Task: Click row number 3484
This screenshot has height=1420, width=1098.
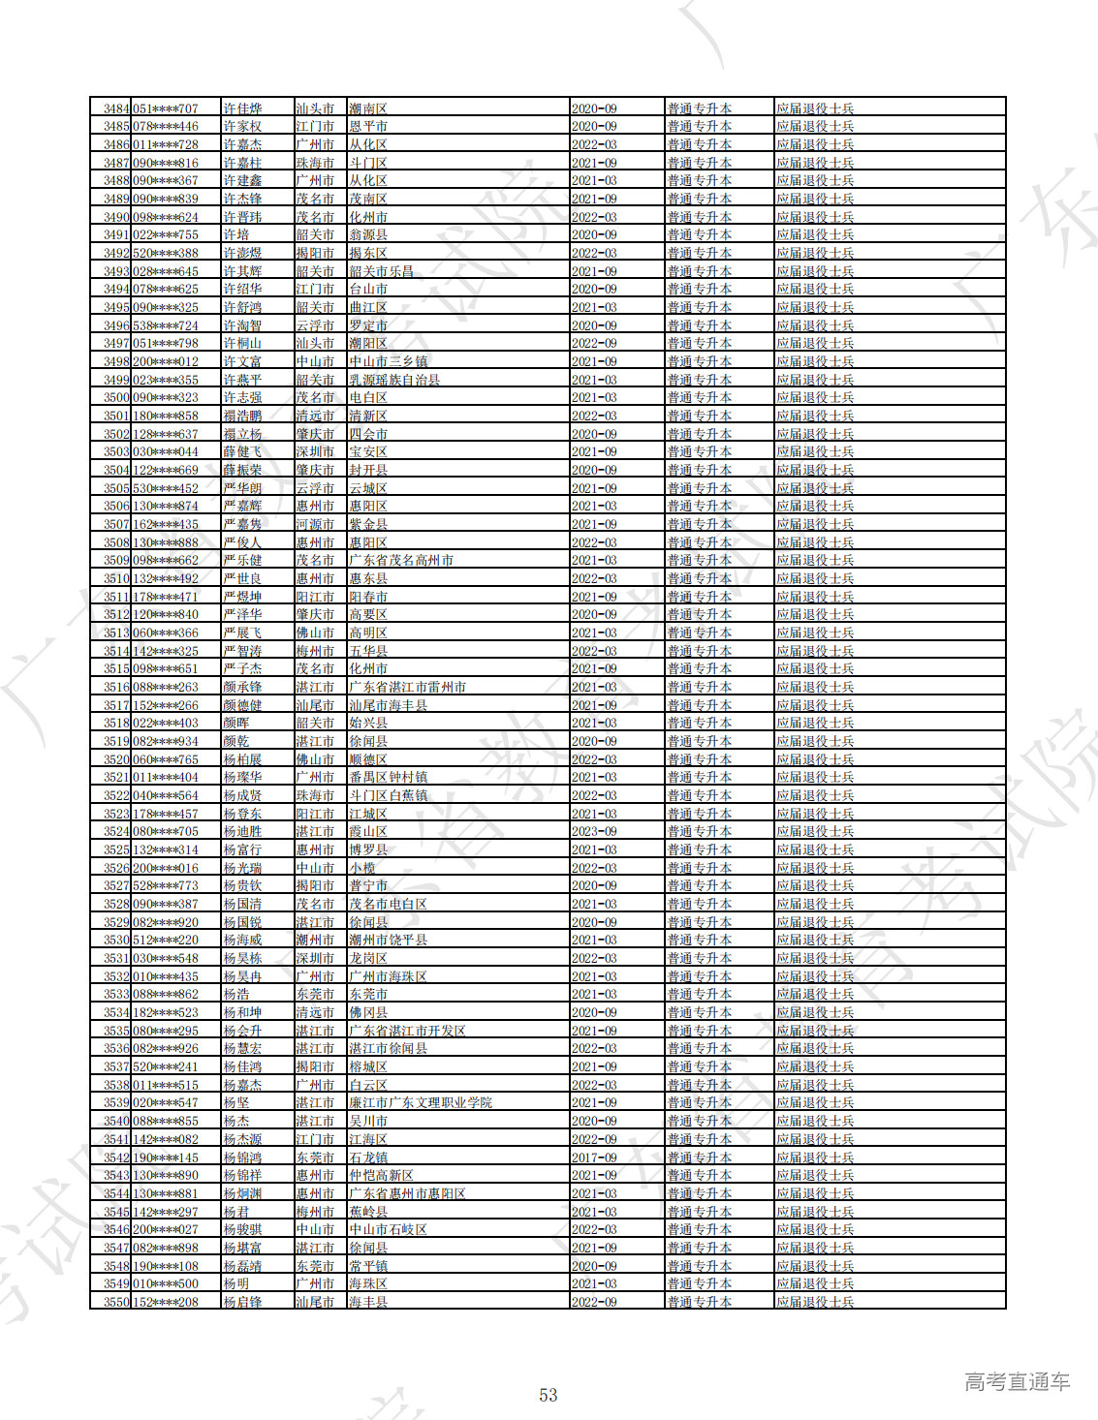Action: (116, 108)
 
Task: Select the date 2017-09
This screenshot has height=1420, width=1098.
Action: (594, 1158)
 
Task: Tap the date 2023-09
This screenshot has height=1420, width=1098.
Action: (594, 832)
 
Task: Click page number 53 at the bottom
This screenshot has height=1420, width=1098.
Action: (549, 1395)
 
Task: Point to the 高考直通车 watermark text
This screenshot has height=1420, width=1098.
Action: (1017, 1382)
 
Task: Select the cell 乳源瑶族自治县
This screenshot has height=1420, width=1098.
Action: (394, 380)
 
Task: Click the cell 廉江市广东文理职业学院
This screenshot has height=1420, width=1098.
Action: (421, 1103)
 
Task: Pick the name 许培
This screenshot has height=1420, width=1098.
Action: (236, 235)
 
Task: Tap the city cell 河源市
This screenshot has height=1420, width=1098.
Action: (315, 524)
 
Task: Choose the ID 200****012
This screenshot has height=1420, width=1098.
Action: (166, 361)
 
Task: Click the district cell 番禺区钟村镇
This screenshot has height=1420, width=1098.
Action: (388, 778)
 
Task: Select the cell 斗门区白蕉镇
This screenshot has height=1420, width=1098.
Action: (388, 795)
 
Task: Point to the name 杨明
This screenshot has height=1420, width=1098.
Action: (236, 1284)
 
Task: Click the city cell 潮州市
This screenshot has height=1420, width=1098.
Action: (315, 941)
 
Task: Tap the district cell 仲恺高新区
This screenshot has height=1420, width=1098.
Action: (382, 1176)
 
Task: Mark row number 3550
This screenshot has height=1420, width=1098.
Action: (116, 1302)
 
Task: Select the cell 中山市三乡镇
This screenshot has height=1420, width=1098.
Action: (388, 361)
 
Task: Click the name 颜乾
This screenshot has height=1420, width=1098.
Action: (236, 741)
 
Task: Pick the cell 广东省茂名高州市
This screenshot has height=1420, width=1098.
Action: (401, 561)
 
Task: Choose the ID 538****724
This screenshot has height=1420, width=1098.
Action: (166, 325)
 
